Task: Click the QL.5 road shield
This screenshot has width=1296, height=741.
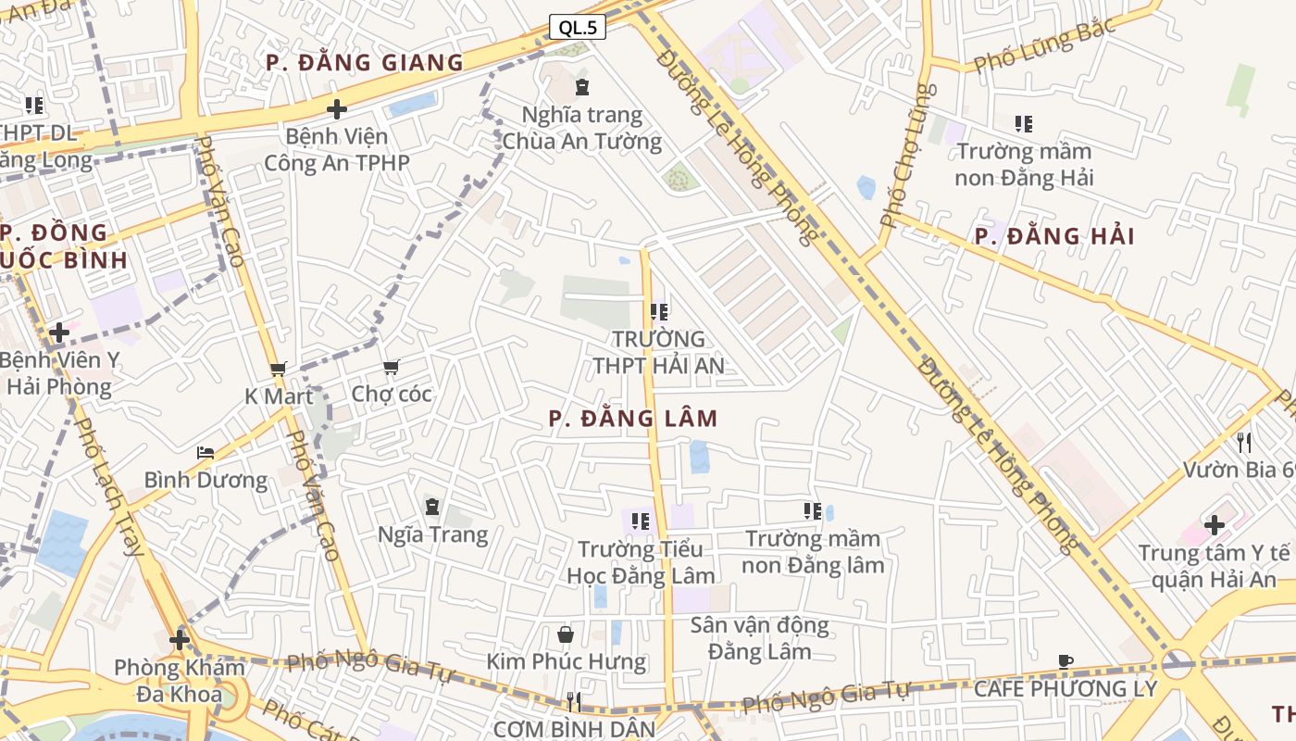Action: [x=578, y=28]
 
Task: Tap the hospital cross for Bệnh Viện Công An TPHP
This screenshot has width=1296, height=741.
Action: [x=337, y=109]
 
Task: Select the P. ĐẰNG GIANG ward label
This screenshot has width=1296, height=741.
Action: [x=364, y=63]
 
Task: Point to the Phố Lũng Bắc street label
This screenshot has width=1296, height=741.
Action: [x=1044, y=46]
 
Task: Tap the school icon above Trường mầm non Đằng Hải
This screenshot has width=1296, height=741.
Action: [x=1023, y=123]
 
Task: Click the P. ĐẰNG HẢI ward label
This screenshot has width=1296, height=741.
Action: [x=1054, y=236]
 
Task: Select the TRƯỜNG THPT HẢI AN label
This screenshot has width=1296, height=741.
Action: [x=658, y=353]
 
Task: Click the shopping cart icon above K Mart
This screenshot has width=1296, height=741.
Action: [x=278, y=369]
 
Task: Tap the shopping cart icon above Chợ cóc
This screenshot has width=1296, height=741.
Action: [x=392, y=368]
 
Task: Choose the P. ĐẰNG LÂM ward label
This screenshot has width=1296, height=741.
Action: [x=633, y=419]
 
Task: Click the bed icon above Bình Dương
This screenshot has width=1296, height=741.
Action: [x=206, y=453]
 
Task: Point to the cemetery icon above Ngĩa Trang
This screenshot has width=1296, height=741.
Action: [x=432, y=507]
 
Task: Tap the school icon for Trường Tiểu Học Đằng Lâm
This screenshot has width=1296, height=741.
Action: [x=640, y=521]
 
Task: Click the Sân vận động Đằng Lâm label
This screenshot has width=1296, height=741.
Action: [x=759, y=638]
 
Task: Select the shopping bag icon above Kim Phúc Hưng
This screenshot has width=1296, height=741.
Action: [x=566, y=634]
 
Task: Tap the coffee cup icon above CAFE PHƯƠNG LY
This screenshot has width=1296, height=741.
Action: [x=1065, y=661]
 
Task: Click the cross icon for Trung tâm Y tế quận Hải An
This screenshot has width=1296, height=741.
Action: [x=1214, y=526]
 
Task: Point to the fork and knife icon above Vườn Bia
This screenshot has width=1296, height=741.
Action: [x=1244, y=443]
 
